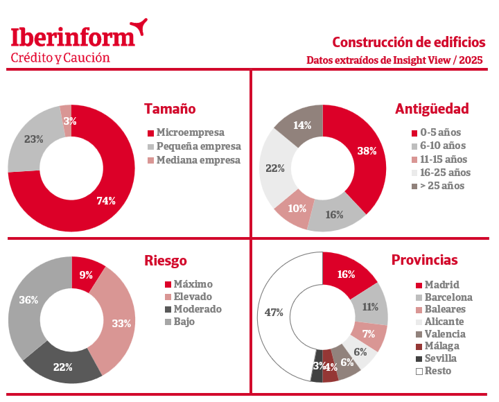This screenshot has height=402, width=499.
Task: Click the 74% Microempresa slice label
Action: [105, 201]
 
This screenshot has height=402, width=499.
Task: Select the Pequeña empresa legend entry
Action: [198, 146]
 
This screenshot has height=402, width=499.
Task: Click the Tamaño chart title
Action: [170, 109]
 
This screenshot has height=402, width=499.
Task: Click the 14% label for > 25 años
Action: [302, 125]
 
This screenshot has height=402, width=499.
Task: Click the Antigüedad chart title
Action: [432, 109]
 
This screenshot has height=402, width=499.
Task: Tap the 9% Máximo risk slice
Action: [86, 274]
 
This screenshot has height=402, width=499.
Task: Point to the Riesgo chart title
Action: [166, 261]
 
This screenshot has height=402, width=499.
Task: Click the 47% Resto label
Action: [274, 313]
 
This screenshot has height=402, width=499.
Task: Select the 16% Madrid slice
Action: [347, 273]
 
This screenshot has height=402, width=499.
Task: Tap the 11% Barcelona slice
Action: [370, 306]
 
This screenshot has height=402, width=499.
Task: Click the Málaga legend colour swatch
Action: [419, 347]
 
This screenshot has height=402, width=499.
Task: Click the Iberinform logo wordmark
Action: [73, 37]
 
